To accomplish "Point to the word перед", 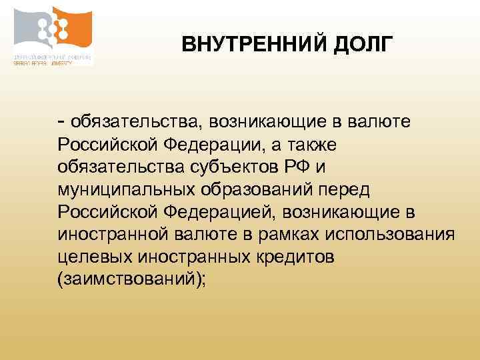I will pos(342,189).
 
